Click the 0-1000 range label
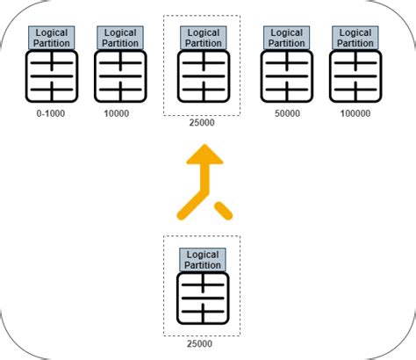click(x=51, y=113)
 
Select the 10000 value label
click(x=118, y=113)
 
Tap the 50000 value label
click(x=286, y=113)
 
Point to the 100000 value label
click(x=355, y=113)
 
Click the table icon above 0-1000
click(x=52, y=76)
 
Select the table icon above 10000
click(x=119, y=76)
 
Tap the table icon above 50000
click(x=287, y=76)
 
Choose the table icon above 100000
click(x=355, y=76)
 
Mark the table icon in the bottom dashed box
click(x=203, y=299)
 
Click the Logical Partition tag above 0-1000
click(x=52, y=38)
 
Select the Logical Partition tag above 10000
click(x=119, y=38)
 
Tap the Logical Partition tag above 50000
click(x=287, y=38)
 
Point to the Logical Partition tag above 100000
click(x=355, y=38)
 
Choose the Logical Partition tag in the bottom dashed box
click(x=203, y=260)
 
